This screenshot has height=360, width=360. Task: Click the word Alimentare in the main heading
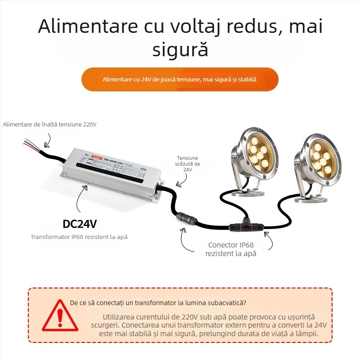tap(86, 27)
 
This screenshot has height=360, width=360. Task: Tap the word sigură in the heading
tap(180, 49)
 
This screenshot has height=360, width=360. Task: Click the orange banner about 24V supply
tap(180, 80)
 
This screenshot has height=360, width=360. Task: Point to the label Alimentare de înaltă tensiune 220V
tap(49, 124)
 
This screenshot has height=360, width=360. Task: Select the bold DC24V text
tap(80, 224)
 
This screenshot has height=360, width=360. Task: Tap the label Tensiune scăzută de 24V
tap(188, 164)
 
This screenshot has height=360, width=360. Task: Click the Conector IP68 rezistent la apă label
tap(231, 249)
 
